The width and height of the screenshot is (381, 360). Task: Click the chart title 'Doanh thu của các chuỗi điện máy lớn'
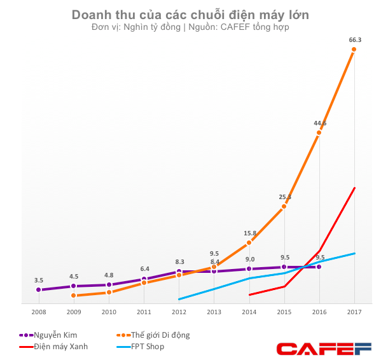pos(190,15)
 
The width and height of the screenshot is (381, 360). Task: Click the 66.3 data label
pos(355,39)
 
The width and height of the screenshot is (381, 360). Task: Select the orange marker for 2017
pos(354,50)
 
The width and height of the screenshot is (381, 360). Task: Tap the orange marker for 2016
pos(319,133)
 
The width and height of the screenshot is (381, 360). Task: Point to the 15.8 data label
pos(250,233)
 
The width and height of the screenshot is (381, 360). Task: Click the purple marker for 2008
pos(39,290)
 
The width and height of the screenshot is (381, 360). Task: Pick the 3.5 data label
pos(39,280)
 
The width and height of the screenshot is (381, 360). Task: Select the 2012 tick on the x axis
pos(179,312)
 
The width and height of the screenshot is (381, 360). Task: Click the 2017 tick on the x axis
pos(354,312)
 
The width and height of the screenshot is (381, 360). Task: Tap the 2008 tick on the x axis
pos(39,312)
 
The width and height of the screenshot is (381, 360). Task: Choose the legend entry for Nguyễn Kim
pos(51,335)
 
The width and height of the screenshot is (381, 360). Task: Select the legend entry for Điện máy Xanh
pos(53,347)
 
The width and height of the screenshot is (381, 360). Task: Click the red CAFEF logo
pos(324,348)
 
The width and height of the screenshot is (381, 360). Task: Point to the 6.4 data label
pos(144,268)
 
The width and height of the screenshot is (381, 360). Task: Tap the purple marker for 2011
pos(144,279)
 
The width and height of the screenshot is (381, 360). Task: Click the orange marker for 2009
pos(74,295)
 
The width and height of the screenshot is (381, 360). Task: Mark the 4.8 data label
pos(109,275)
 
